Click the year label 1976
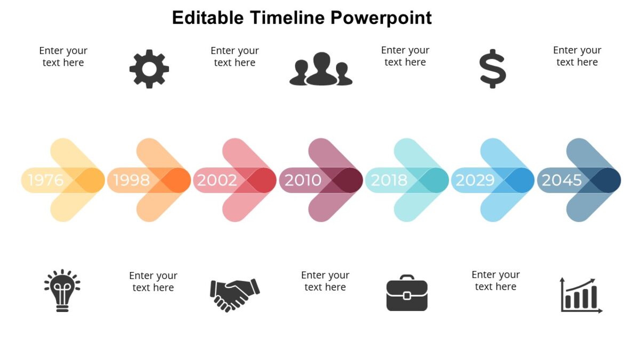pos(46,180)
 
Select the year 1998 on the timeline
pos(131,180)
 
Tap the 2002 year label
pos(217,180)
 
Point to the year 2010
pos(303,180)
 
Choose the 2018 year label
pos(389,180)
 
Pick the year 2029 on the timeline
pos(475,180)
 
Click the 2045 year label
pos(562,180)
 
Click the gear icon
pos(149,69)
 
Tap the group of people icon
pos(321,69)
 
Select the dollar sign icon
pos(492,69)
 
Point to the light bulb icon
pos(62,290)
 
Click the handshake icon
pos(234,294)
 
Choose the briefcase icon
pos(407,293)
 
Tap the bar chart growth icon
pos(581,295)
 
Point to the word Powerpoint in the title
pos(381,18)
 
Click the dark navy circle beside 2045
pos(605,180)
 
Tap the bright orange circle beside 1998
pos(175,180)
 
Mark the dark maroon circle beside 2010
pos(347,180)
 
